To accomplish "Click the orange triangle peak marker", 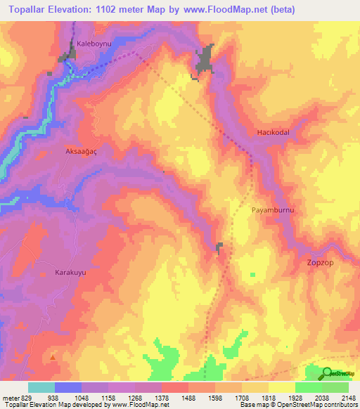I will pos(53,356).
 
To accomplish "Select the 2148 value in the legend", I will pos(348,397).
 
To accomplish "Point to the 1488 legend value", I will pos(188,397).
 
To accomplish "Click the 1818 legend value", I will pos(268,397).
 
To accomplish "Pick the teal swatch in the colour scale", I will pos(41,387).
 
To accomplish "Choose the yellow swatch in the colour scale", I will pos(281,387).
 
